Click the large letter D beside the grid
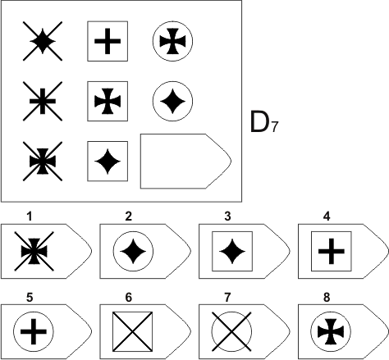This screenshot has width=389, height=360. [259, 122]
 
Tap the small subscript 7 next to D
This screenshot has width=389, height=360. [274, 127]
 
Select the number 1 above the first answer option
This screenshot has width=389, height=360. [30, 216]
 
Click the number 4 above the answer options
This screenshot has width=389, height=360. [327, 216]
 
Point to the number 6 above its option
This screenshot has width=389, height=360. [129, 297]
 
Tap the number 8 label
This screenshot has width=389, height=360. [327, 297]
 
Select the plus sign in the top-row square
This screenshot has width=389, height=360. [108, 41]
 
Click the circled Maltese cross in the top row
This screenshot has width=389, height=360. [172, 41]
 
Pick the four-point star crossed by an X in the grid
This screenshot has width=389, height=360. [43, 41]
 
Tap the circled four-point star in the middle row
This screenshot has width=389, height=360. [172, 101]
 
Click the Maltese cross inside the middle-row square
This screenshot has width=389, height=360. [108, 101]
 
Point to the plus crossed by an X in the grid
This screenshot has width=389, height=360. [43, 101]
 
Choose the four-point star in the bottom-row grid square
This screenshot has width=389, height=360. [108, 162]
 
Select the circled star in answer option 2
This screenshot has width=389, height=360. [133, 251]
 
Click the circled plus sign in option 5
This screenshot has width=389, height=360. [34, 331]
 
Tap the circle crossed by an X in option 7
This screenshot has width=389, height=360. [231, 331]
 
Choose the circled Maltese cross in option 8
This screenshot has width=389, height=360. [331, 331]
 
